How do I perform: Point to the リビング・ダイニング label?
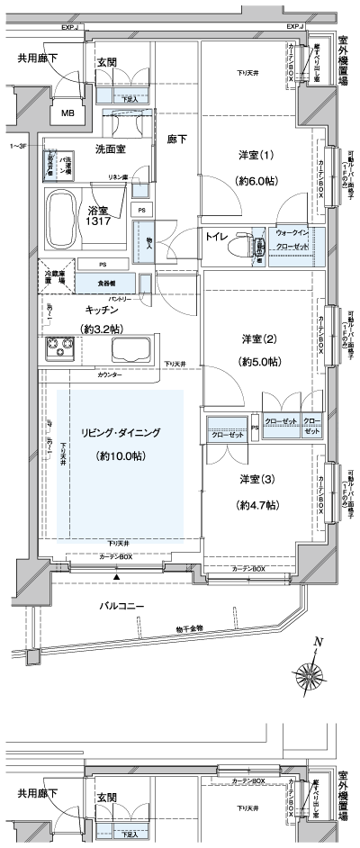point(121,433)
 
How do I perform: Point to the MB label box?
point(68,113)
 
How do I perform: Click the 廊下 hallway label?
point(176,140)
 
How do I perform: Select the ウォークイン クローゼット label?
point(293,239)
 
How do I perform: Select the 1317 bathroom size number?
point(99,220)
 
